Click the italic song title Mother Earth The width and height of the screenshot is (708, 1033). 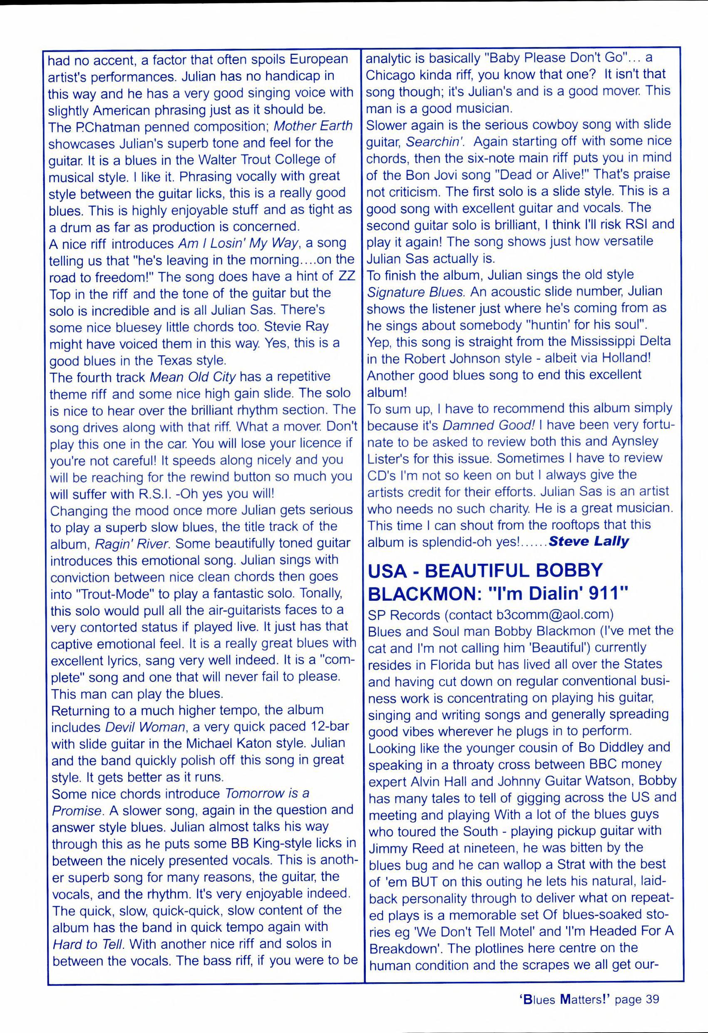coord(313,126)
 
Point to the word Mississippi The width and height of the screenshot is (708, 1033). coord(596,341)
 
